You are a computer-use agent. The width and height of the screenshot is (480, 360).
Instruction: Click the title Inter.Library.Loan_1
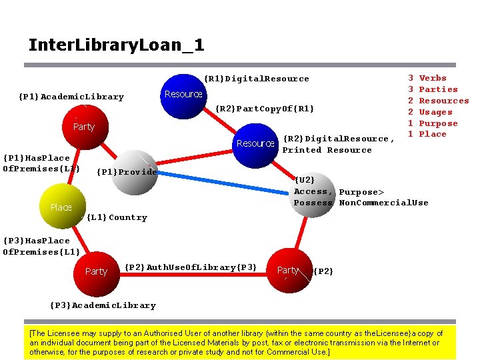116,45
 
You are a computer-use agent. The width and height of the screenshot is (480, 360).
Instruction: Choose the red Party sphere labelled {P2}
289,270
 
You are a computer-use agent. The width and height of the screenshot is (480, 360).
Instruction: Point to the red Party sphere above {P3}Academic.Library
97,271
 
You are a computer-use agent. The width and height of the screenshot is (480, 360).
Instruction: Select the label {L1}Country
117,217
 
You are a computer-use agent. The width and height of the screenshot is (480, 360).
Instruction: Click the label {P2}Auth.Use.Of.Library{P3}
191,267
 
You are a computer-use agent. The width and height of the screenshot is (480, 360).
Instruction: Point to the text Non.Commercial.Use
383,203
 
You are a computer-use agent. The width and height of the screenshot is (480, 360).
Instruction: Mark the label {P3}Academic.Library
103,305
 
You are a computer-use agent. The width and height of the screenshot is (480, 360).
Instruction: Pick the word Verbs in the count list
433,78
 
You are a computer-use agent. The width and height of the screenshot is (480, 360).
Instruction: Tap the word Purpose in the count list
438,123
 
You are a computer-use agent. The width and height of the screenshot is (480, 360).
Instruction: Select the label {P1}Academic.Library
71,97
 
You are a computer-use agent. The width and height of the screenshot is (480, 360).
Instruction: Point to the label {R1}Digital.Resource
256,79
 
